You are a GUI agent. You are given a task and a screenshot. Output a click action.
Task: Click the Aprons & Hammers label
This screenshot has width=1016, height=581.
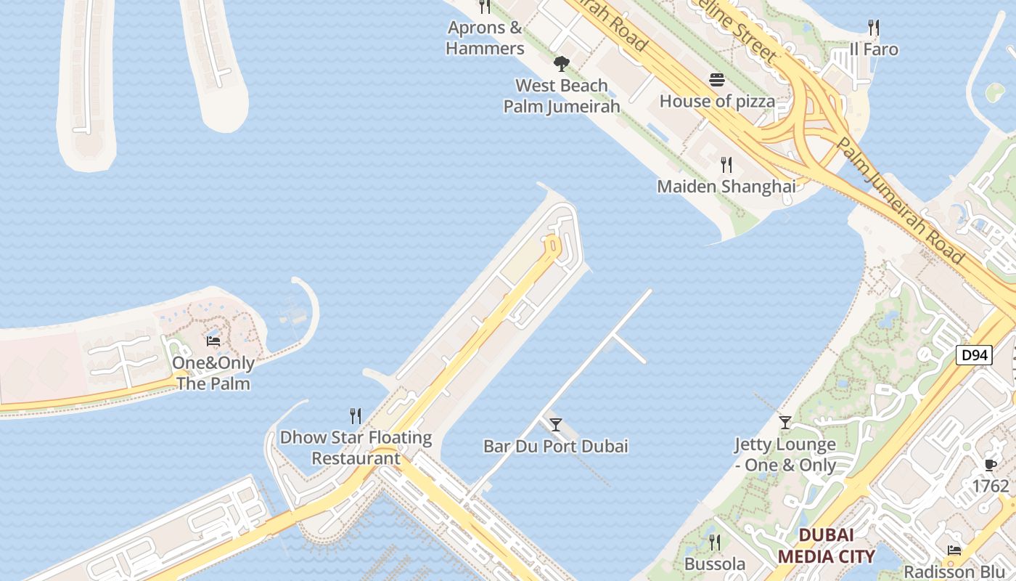pos(485,38)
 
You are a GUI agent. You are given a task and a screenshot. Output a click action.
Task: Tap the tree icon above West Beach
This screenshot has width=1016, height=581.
pos(561,64)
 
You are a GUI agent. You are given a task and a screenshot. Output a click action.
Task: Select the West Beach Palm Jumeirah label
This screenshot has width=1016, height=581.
pos(562,96)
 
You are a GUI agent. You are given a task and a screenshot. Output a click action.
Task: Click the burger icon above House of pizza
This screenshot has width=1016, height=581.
pos(717,80)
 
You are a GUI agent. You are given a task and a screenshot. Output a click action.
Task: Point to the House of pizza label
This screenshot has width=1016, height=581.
pos(717,102)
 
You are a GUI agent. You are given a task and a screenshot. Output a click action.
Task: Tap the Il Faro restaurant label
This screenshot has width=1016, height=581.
pos(874,49)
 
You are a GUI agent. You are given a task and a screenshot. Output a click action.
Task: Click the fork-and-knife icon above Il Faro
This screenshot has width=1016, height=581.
pos(874,28)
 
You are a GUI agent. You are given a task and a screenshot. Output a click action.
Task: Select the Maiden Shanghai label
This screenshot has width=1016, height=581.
pos(726,187)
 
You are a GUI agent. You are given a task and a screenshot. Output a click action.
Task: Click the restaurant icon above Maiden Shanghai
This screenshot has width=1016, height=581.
pos(726,165)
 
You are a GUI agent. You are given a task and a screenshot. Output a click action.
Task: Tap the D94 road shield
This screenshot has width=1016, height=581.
pos(973,355)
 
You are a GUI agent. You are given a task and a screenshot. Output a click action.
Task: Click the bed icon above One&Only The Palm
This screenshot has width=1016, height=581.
pos(213,341)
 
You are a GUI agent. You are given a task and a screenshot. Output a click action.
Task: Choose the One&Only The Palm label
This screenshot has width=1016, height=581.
pos(213,373)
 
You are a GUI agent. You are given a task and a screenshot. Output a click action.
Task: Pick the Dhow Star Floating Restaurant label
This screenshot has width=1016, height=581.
pos(356,448)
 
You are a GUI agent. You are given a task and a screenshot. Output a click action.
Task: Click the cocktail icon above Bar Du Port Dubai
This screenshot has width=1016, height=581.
pos(556,424)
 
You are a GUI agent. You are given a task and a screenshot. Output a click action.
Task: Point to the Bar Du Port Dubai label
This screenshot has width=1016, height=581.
pos(556,446)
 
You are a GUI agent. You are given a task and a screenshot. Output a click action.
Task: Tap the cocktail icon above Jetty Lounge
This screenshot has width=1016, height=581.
pos(784,422)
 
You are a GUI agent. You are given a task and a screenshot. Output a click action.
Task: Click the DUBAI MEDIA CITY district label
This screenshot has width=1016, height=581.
pos(826,546)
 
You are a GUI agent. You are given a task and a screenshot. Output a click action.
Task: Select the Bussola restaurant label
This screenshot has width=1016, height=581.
pos(715,564)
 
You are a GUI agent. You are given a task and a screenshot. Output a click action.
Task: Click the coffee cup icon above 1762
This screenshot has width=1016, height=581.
pos(991,465)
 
